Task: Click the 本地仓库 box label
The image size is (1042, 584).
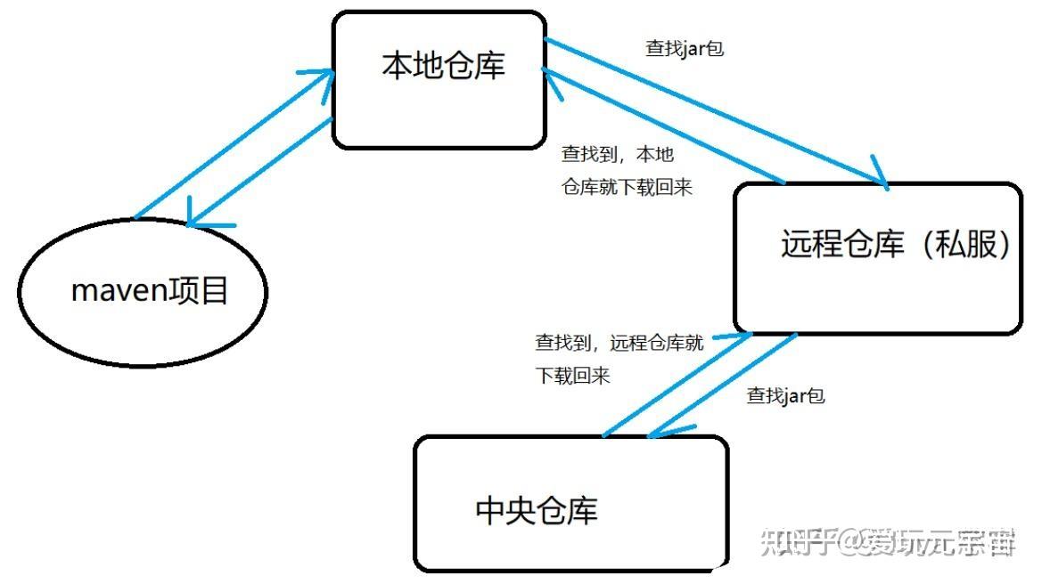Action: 443,66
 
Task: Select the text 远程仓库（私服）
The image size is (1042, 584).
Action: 896,244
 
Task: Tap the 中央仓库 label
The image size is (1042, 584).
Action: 537,510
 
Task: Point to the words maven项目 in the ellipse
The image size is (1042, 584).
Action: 150,291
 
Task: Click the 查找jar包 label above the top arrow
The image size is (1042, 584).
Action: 685,49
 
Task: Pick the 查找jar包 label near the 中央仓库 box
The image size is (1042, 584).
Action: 785,396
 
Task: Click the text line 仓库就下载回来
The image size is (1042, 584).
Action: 626,188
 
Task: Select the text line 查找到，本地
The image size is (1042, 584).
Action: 617,154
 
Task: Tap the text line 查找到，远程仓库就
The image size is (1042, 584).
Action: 619,343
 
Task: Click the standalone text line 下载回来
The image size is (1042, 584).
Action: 572,376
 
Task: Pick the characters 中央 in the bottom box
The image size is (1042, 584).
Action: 505,510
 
